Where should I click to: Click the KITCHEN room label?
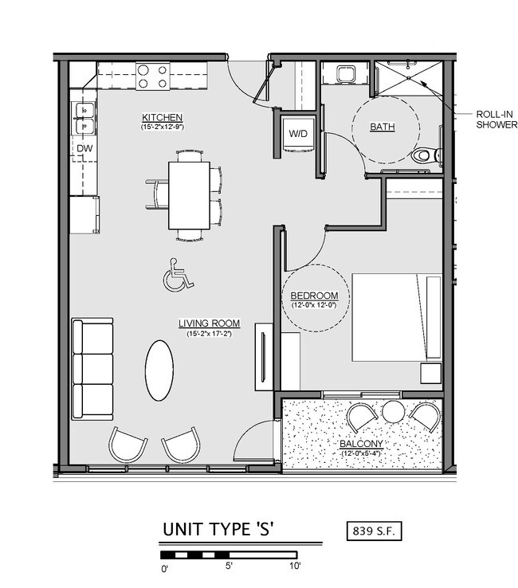coord(163,118)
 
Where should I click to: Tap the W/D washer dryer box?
coord(300,133)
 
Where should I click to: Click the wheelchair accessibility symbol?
coord(177,276)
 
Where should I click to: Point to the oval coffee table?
coord(159,370)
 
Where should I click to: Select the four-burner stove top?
coord(153,76)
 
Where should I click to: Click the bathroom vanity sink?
coord(346,75)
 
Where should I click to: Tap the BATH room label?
coord(383,127)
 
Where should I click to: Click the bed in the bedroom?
coord(397,318)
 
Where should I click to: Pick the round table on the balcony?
coord(393,412)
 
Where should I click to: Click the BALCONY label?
coord(362,444)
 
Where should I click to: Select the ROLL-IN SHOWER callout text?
coord(496,119)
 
